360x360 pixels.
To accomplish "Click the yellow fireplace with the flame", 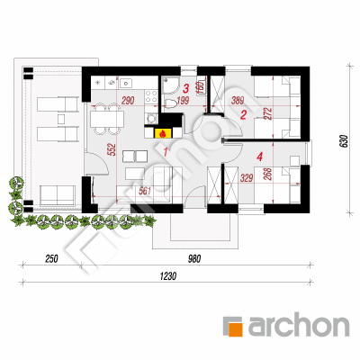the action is tap(163, 133).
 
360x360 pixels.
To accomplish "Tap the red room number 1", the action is tap(165, 152).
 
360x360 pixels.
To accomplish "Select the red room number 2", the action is tap(243, 114).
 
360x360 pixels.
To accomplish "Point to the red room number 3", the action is tap(186, 88).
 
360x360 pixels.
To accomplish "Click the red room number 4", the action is tap(260, 156).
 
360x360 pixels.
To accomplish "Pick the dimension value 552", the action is tap(112, 150).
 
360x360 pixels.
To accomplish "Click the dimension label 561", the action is tap(145, 191).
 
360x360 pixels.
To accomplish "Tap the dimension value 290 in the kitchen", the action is tap(128, 101).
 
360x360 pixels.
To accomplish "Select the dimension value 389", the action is tap(238, 101).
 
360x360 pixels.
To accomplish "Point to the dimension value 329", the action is tap(247, 179).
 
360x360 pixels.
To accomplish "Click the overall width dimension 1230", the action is tap(168, 275).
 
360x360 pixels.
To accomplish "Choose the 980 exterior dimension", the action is tap(194, 258).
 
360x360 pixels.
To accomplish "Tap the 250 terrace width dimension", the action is tap(51, 258).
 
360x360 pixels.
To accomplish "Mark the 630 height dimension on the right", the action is tap(344, 141).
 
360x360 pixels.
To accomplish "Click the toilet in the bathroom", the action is tap(171, 103).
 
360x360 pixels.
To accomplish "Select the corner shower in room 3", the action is tap(170, 85).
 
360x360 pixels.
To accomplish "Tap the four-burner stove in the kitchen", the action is tap(151, 96).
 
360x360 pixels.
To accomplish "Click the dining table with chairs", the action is tap(107, 119).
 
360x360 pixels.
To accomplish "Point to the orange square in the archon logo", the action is tap(232, 326).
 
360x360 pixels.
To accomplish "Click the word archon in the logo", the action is tap(299, 325).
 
